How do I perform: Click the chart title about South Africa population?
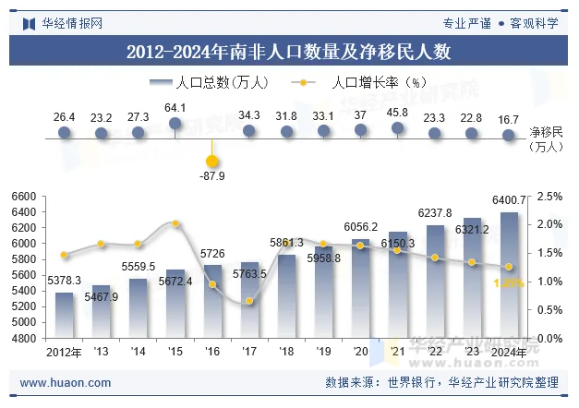click(288, 52)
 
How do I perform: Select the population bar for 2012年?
click(65, 315)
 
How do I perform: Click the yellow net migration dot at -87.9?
click(212, 162)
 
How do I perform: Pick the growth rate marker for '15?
click(175, 223)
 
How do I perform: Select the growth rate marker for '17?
click(249, 301)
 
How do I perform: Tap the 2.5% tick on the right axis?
click(549, 197)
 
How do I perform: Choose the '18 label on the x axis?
click(286, 352)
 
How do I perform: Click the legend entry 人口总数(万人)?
click(209, 82)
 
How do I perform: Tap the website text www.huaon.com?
click(66, 383)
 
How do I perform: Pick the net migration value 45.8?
click(398, 113)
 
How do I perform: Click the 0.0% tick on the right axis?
click(549, 339)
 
